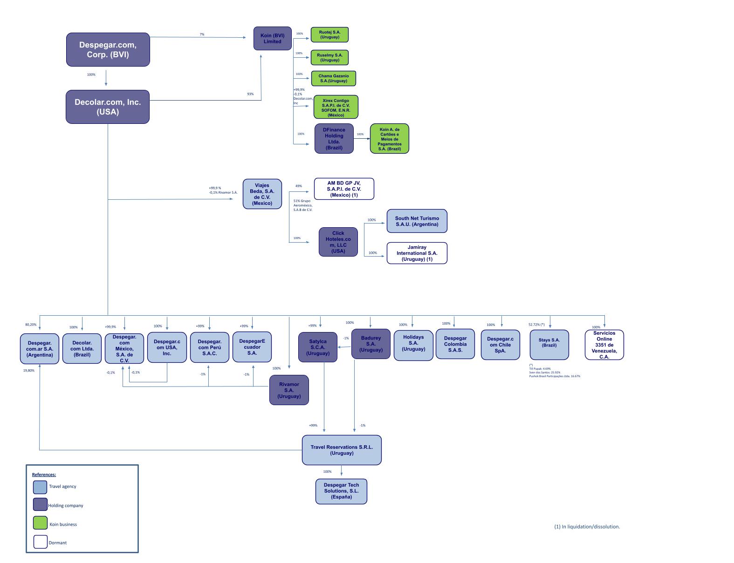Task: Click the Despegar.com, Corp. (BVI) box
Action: pyautogui.click(x=108, y=49)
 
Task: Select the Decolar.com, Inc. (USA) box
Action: pyautogui.click(x=108, y=107)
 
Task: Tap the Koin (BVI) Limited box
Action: pyautogui.click(x=272, y=38)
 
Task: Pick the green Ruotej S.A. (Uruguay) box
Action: pyautogui.click(x=329, y=34)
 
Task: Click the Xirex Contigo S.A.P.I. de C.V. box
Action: pyautogui.click(x=336, y=108)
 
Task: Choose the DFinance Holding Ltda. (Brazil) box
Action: pyautogui.click(x=334, y=138)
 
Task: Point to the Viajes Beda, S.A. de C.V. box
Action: pyautogui.click(x=262, y=194)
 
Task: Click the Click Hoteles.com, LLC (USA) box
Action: pyautogui.click(x=338, y=242)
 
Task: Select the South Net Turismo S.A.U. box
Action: pyautogui.click(x=417, y=221)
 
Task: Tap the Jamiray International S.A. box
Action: pyautogui.click(x=417, y=253)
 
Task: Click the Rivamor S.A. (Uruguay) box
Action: pyautogui.click(x=289, y=390)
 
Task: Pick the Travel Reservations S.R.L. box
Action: pyautogui.click(x=342, y=450)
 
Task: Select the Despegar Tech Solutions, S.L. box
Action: pyautogui.click(x=341, y=491)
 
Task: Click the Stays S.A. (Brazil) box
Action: pyautogui.click(x=549, y=345)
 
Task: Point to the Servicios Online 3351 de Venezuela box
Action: pyautogui.click(x=604, y=345)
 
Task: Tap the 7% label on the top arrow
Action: pyautogui.click(x=202, y=34)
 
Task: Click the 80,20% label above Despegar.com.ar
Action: pyautogui.click(x=31, y=325)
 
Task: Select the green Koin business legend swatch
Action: pyautogui.click(x=40, y=523)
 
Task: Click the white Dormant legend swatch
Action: pyautogui.click(x=40, y=542)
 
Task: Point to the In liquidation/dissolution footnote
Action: pyautogui.click(x=587, y=527)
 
